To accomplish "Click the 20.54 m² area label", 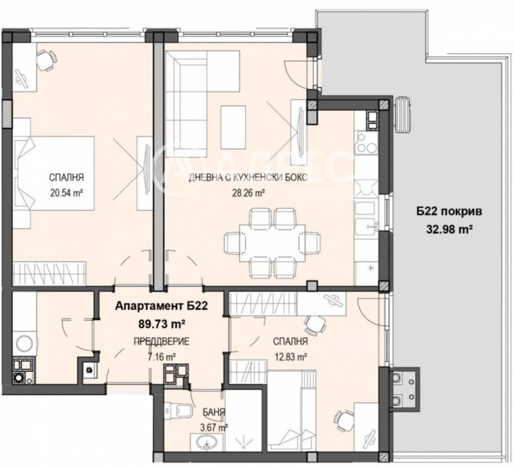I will point(67,191).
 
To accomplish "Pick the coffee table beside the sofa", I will point(233,121).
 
